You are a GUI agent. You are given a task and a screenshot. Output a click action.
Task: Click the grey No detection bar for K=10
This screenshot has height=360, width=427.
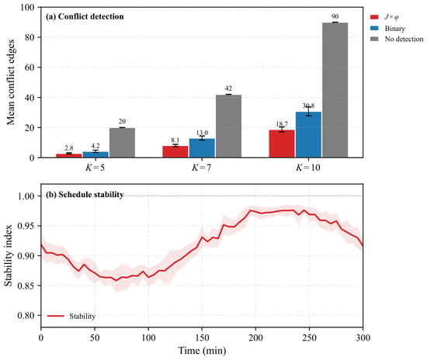[335, 90]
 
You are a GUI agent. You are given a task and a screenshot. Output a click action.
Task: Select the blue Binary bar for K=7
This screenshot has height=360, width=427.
[202, 148]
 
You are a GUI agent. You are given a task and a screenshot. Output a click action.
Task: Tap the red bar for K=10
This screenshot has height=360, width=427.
[282, 144]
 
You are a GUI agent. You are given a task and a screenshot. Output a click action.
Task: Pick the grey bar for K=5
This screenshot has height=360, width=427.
[122, 143]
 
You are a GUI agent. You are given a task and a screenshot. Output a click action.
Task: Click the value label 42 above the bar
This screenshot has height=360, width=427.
[228, 88]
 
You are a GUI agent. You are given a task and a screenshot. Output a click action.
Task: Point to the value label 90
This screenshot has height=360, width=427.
[335, 16]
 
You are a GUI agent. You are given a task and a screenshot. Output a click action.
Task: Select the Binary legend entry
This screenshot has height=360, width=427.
[387, 28]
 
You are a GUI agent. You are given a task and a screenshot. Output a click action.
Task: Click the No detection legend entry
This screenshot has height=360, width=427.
[397, 39]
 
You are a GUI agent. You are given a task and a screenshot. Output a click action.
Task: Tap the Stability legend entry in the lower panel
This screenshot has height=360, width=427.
[71, 317]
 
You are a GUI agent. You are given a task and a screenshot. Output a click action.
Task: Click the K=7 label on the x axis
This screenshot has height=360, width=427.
[202, 168]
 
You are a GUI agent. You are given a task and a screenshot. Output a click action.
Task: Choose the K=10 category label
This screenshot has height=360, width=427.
[308, 168]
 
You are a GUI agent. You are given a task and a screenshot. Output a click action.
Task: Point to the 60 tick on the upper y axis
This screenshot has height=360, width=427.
[30, 67]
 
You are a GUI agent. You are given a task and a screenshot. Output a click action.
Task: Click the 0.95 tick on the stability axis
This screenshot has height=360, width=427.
[26, 226]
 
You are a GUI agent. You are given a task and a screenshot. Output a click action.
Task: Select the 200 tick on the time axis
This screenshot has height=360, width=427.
[255, 337]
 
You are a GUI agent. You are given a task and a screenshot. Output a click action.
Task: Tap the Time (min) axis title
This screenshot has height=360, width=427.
[202, 351]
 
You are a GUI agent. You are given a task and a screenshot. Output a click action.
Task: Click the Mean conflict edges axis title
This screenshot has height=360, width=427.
[11, 82]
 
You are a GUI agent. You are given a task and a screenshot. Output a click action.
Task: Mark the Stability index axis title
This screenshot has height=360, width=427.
[9, 255]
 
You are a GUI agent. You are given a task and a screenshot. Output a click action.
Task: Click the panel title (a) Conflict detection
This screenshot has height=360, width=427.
[85, 16]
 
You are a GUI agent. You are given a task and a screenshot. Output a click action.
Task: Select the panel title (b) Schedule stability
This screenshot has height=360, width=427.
[85, 194]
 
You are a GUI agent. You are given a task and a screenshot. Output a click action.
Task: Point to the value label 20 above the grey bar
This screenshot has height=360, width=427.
[122, 122]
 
